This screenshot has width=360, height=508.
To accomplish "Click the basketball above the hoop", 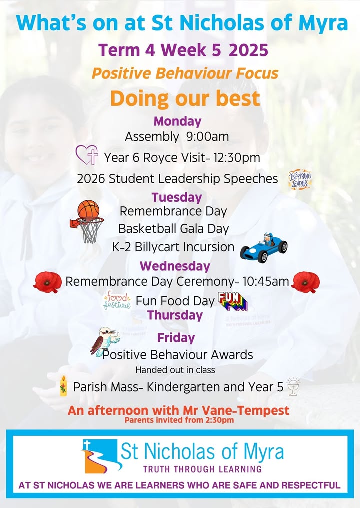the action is click(88, 209).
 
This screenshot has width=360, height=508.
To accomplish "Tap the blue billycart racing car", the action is click(264, 248).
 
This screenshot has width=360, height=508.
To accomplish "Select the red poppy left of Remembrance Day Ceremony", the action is click(47, 282).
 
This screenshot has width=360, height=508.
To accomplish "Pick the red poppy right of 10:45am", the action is click(305, 282).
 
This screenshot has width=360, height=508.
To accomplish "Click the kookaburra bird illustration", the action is click(105, 341).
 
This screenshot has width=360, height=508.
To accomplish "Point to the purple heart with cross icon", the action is click(87, 155).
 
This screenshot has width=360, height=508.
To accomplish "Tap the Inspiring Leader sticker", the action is click(300, 179).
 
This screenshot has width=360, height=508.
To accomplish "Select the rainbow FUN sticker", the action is click(233, 301).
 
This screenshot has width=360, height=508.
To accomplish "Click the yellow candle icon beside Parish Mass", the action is click(64, 386).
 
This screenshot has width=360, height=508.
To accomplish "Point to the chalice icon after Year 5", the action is click(293, 386).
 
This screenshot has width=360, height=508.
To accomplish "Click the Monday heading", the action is click(177, 121).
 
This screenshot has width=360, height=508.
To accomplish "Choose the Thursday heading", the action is click(175, 315).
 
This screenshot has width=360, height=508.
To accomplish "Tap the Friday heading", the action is click(176, 338).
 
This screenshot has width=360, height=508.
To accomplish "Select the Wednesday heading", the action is click(175, 266).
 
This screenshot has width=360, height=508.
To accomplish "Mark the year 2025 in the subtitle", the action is click(248, 50).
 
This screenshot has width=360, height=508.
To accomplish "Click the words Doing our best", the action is click(185, 98).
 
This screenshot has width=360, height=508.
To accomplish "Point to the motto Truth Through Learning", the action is click(202, 469).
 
